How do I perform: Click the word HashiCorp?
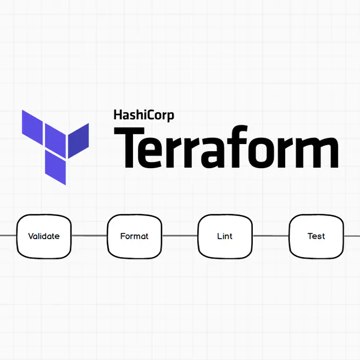143,115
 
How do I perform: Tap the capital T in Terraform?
128,148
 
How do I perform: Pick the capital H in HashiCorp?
118,115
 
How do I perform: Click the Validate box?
44,236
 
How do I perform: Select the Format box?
134,236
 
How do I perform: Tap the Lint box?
225,236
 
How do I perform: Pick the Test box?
316,236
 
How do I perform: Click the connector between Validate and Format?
89,236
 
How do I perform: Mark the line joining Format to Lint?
180,236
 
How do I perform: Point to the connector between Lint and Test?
270,236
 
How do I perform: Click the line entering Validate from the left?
8,236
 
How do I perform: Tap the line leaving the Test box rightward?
352,236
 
